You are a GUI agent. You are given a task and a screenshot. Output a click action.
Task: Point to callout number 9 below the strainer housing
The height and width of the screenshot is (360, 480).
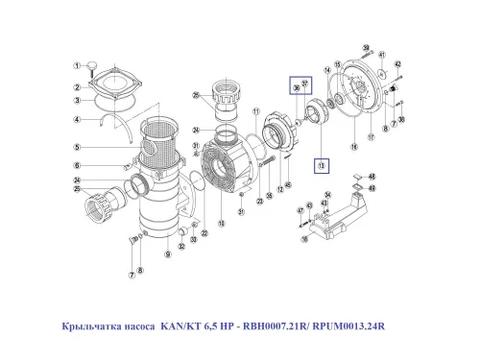tap(167, 254)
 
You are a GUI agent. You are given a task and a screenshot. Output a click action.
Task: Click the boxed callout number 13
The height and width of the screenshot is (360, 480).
tap(321, 165)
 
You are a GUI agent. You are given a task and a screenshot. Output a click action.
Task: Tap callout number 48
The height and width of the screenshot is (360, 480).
tap(372, 177)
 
